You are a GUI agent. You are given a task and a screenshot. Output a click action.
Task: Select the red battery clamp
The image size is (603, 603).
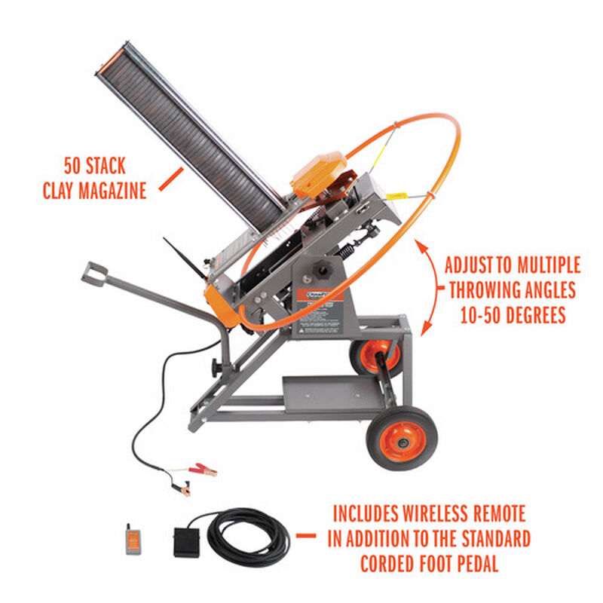(x=201, y=470)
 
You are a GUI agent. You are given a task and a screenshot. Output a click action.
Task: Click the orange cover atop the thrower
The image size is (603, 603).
(x=316, y=175)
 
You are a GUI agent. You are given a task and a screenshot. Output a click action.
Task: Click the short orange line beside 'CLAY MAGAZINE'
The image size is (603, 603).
(x=173, y=179)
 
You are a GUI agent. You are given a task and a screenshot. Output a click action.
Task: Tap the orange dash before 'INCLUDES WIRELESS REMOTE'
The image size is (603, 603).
(x=305, y=536)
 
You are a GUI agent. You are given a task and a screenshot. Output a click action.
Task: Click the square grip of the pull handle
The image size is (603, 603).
(x=94, y=273)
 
